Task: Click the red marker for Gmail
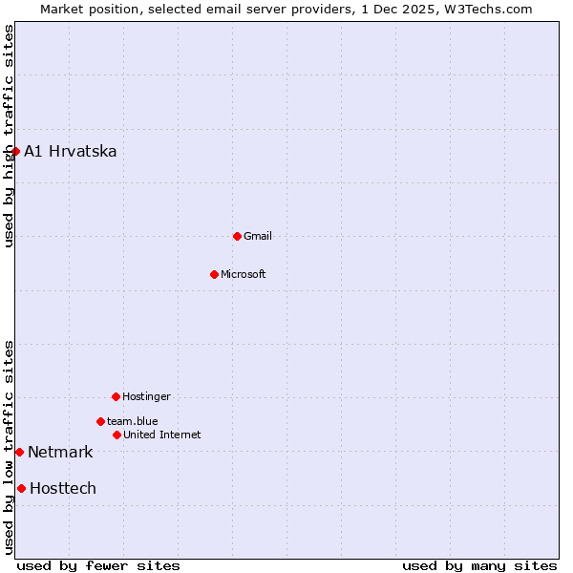point(237,236)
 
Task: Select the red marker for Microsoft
point(214,274)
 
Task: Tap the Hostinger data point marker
point(116,396)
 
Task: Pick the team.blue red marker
point(100,421)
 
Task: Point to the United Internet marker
point(117,435)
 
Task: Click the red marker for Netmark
point(19,452)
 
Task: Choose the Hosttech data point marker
point(21,488)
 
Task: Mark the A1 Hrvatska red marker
point(15,151)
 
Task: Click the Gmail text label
point(258,236)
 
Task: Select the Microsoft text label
point(244,274)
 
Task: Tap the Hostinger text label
point(146,396)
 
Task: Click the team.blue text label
point(133,421)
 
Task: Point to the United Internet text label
point(162,435)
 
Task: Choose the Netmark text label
point(60,452)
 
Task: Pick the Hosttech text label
point(63,488)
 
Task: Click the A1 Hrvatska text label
point(71,151)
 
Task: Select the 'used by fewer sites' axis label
point(98,565)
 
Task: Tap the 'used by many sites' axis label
point(479,565)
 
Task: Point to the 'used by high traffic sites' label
point(9,136)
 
